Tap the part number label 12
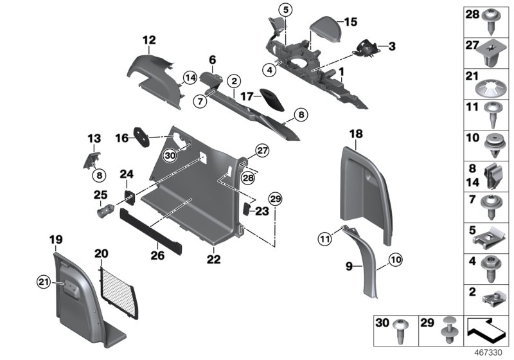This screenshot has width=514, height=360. pyautogui.click(x=149, y=40)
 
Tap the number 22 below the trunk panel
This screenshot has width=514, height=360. pyautogui.click(x=213, y=260)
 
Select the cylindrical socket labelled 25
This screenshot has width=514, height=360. pyautogui.click(x=104, y=210)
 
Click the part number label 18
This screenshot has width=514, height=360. pyautogui.click(x=356, y=133)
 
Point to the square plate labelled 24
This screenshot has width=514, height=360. pyautogui.click(x=128, y=196)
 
